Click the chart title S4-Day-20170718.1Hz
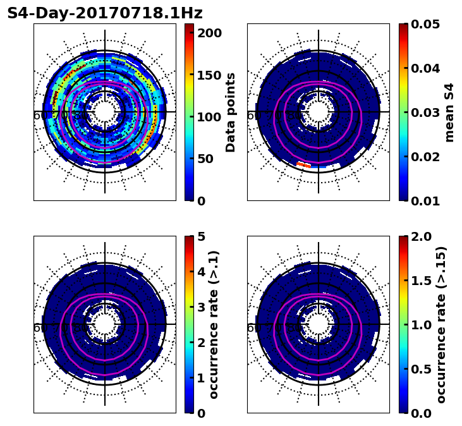click(x=105, y=13)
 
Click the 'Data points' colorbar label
click(x=231, y=112)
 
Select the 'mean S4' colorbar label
click(x=449, y=112)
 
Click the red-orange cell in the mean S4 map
click(x=304, y=165)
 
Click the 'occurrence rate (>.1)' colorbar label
click(x=214, y=324)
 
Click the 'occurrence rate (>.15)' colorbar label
click(x=441, y=324)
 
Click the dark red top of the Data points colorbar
click(x=189, y=27)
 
